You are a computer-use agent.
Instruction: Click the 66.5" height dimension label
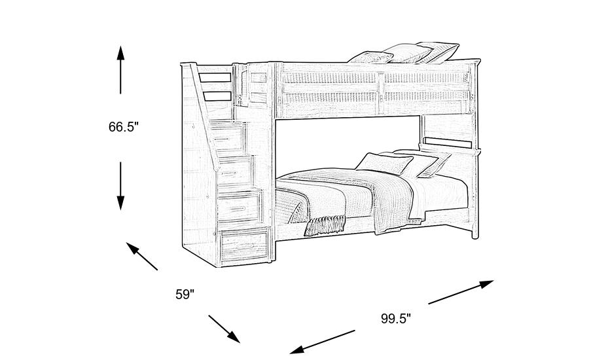click(124, 127)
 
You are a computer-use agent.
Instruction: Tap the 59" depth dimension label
click(185, 295)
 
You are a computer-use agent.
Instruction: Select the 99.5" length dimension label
click(396, 319)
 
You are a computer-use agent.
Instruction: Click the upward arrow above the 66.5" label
click(120, 69)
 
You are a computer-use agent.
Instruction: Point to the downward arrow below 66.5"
click(120, 186)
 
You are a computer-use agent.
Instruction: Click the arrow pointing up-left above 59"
click(141, 256)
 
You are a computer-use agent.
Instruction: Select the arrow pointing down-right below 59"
click(224, 329)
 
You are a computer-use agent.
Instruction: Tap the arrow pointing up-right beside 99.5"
click(461, 292)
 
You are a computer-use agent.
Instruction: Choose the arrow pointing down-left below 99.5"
click(322, 342)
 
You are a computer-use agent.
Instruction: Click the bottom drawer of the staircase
click(245, 246)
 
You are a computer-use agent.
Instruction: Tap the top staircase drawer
click(228, 138)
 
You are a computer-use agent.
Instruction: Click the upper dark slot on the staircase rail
click(215, 78)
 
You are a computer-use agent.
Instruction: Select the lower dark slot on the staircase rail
click(217, 96)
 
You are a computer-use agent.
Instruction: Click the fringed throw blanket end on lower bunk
click(325, 225)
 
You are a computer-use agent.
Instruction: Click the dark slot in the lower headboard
click(448, 143)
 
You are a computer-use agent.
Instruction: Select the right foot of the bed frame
click(475, 234)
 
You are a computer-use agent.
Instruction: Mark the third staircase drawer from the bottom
click(234, 171)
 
